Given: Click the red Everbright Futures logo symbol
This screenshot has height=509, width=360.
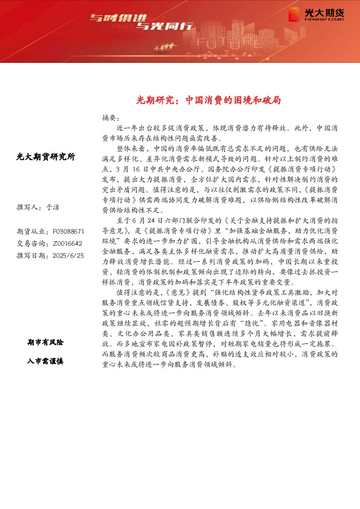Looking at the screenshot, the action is tap(294, 14).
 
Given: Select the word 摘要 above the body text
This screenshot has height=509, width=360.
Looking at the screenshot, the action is tap(110, 117).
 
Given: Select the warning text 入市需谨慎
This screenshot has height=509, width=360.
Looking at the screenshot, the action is tap(46, 361).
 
